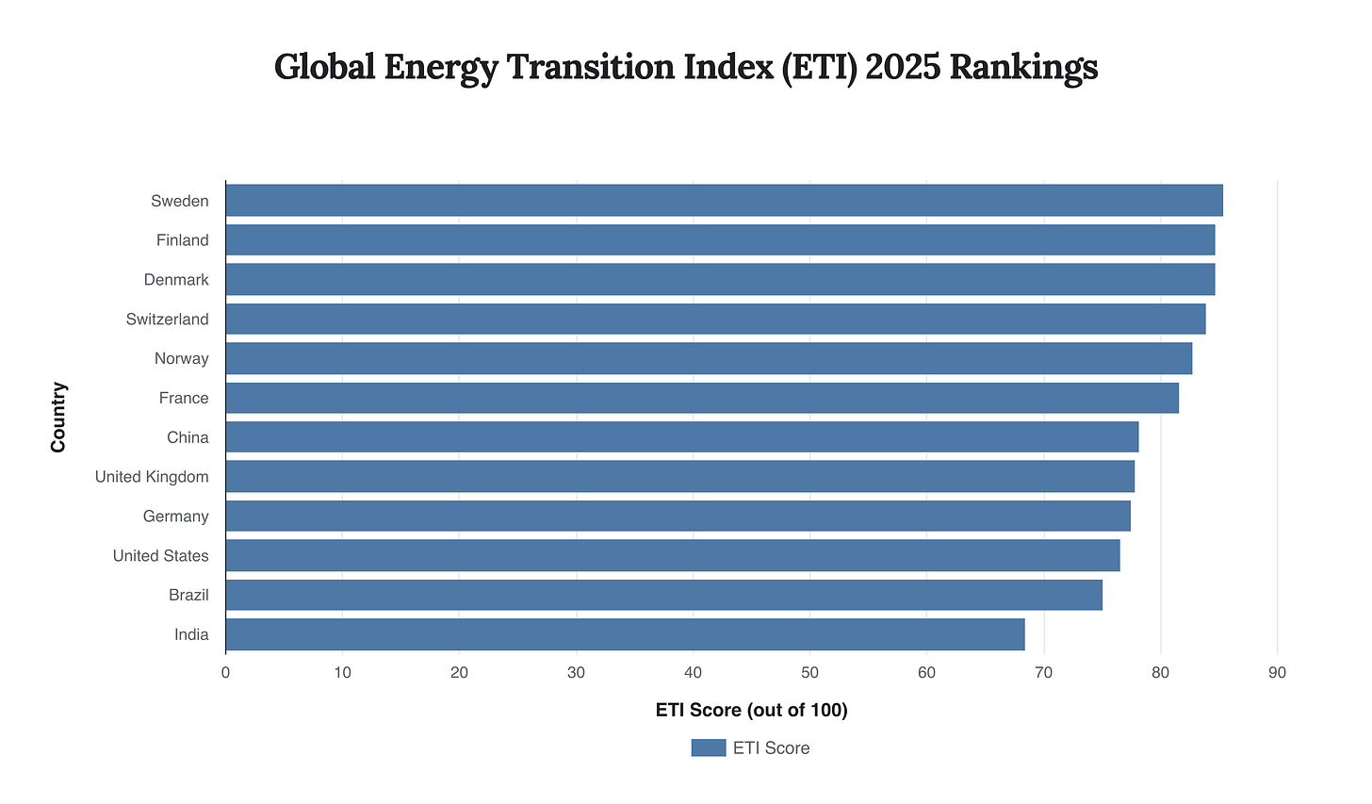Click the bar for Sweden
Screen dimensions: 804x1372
click(724, 201)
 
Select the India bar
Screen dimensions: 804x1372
click(625, 634)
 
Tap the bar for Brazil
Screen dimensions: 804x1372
click(663, 595)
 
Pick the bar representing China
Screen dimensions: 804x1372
click(681, 437)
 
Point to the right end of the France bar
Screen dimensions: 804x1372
click(1177, 398)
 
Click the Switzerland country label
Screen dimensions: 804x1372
click(167, 320)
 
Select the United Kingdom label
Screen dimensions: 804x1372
click(152, 477)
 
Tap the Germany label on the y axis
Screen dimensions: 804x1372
click(175, 517)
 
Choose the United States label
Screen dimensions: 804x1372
click(160, 556)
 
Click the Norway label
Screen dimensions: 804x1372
click(181, 359)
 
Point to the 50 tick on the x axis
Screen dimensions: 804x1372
click(809, 673)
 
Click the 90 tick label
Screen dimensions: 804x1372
click(1277, 673)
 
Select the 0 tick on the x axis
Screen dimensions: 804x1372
click(225, 673)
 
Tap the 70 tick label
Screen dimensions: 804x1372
click(1043, 673)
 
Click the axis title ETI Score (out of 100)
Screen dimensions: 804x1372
click(751, 711)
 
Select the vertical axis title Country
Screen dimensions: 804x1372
click(58, 417)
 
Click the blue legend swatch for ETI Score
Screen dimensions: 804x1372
click(708, 748)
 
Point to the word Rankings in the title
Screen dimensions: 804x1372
click(1023, 68)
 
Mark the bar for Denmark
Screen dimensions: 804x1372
click(720, 280)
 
